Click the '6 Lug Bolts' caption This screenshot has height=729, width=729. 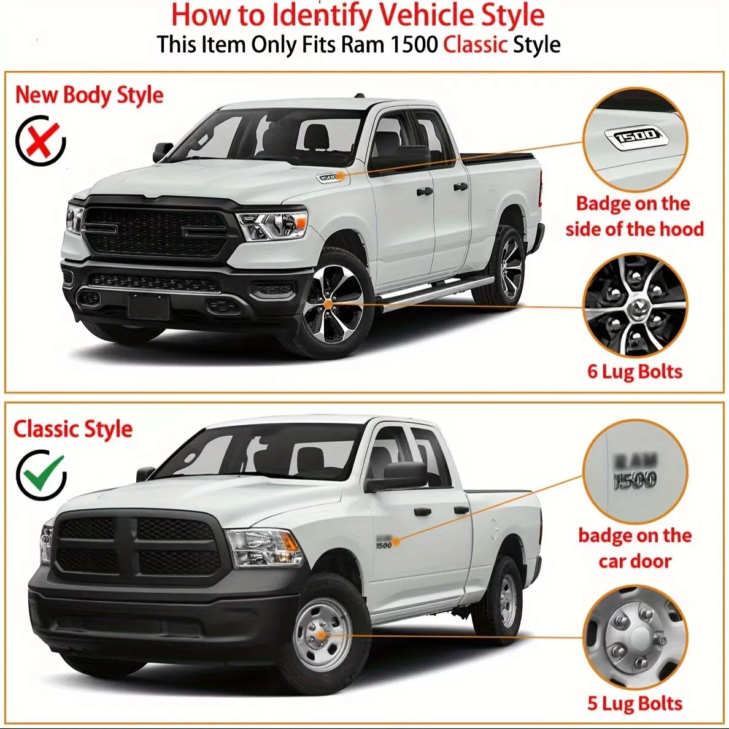click(634, 371)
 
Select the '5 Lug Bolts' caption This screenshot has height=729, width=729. click(634, 703)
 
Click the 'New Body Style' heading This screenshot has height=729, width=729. click(89, 95)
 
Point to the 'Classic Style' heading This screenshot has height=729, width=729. click(73, 429)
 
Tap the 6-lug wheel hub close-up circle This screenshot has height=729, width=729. click(635, 306)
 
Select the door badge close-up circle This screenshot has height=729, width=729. click(635, 472)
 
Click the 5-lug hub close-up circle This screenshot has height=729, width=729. click(635, 638)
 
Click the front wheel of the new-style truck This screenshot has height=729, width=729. click(333, 304)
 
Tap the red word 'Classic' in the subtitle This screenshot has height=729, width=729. click(475, 45)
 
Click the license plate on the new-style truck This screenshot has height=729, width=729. click(148, 306)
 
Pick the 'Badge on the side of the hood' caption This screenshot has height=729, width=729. click(634, 216)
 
